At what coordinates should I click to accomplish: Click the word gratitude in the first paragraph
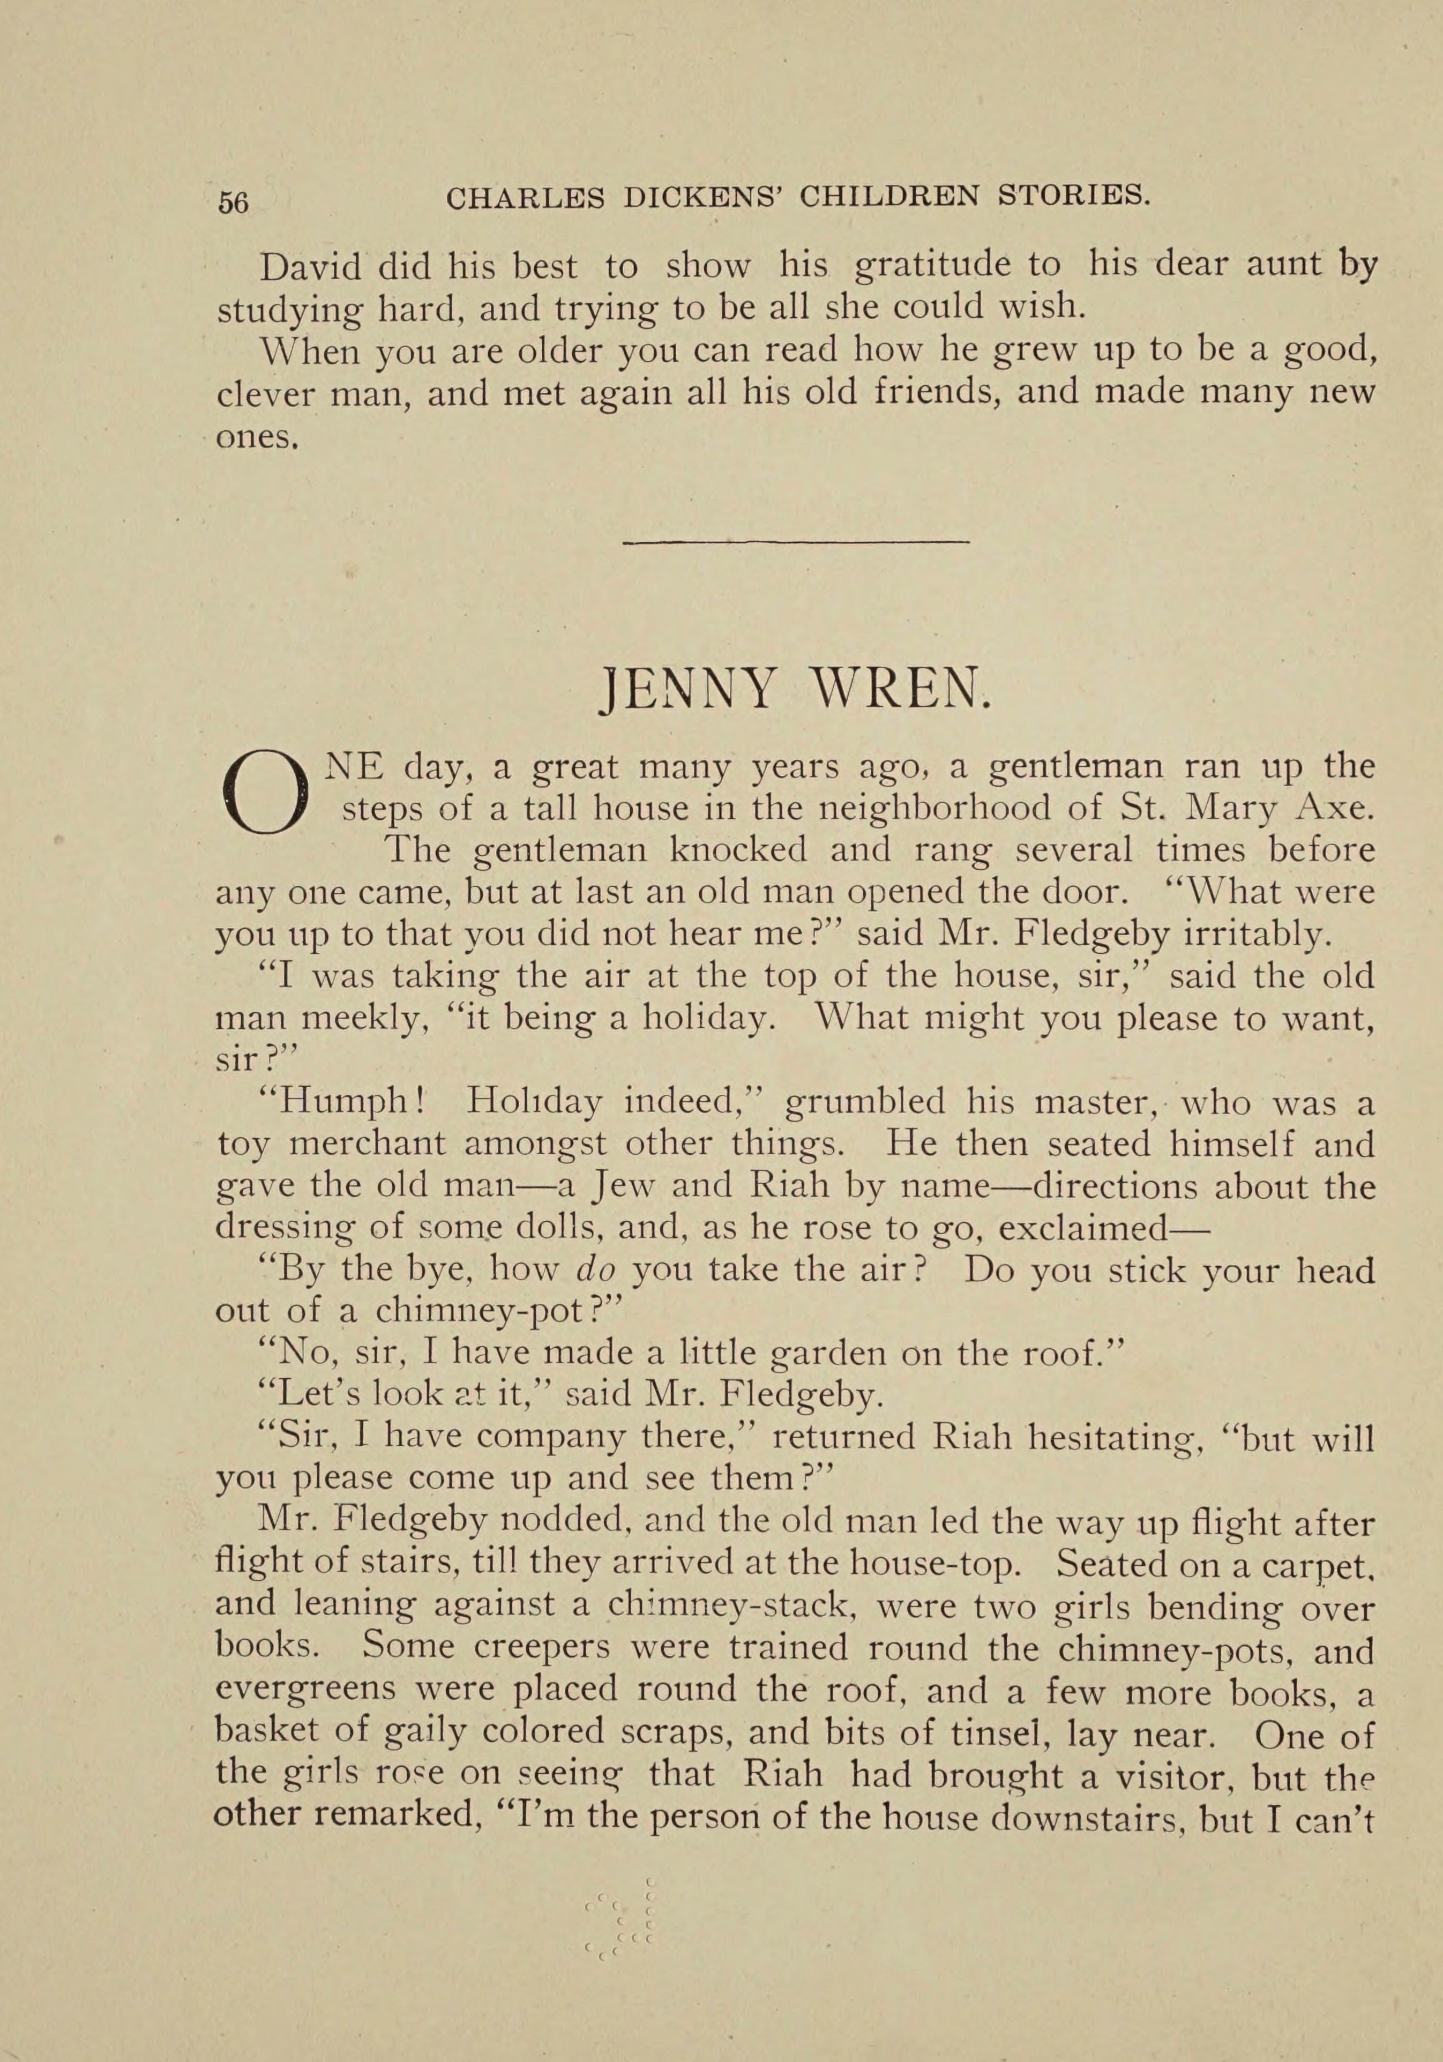tap(956, 267)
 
